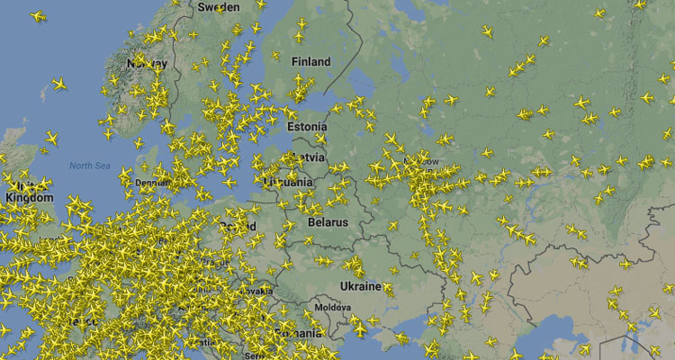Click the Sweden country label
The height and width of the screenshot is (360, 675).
pyautogui.click(x=218, y=6)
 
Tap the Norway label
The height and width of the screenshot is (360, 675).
pyautogui.click(x=147, y=64)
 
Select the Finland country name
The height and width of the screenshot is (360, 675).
pyautogui.click(x=310, y=62)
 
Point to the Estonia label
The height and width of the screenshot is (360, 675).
pyautogui.click(x=307, y=127)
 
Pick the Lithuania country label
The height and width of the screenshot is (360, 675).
pyautogui.click(x=290, y=182)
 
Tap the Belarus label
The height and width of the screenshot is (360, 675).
pyautogui.click(x=327, y=220)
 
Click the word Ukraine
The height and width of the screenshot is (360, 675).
pyautogui.click(x=360, y=286)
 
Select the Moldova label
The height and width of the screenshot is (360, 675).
pyautogui.click(x=333, y=307)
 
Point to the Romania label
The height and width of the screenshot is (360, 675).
pyautogui.click(x=297, y=333)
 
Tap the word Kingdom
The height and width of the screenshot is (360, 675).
pyautogui.click(x=29, y=197)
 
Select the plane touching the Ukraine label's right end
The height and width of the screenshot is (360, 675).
pyautogui.click(x=389, y=289)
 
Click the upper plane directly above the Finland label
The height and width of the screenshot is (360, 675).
pyautogui.click(x=301, y=23)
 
